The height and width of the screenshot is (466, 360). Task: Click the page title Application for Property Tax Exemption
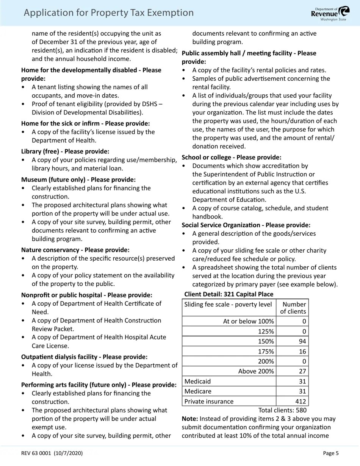[x=108, y=13]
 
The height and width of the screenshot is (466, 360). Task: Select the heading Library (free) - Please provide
[x=65, y=151]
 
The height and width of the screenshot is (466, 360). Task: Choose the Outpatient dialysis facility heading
[x=84, y=357]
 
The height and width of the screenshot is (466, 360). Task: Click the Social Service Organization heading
[x=246, y=225]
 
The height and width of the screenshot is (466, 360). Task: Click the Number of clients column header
[x=293, y=308]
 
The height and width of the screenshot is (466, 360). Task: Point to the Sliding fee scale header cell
[x=228, y=304]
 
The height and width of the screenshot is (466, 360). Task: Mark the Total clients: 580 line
[x=282, y=410]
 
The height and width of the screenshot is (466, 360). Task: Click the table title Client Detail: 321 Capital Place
[x=229, y=294]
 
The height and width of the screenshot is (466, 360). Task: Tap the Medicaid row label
[x=197, y=381]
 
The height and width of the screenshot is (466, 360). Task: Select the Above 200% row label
[x=256, y=371]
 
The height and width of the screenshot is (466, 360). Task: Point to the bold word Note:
[x=190, y=419]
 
